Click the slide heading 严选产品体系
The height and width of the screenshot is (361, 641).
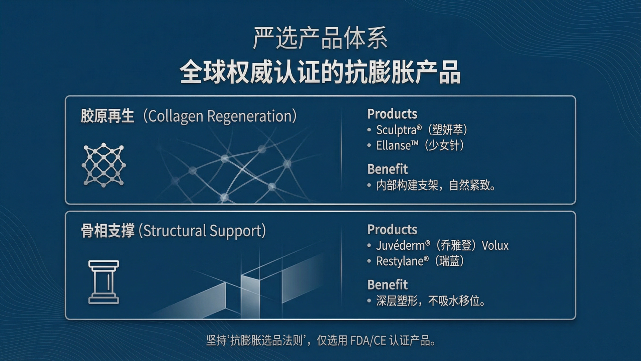320,38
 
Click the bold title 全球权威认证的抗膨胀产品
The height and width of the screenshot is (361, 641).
320,72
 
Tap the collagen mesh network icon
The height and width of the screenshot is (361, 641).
104,165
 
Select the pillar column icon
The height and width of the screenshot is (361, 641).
103,282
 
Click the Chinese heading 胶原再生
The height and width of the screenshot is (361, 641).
108,116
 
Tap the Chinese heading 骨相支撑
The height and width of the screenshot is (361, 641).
108,231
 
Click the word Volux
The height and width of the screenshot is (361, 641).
495,246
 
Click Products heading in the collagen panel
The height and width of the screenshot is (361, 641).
392,114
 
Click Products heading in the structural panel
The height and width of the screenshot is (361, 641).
392,230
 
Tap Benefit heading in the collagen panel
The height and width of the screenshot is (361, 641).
388,169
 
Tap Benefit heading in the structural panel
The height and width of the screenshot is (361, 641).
388,285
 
